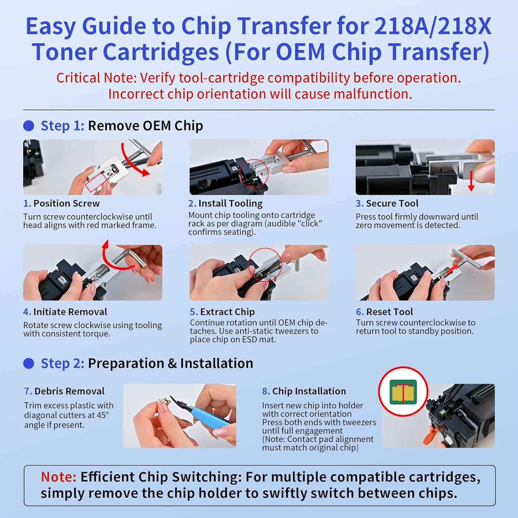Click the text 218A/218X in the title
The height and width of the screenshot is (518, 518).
[x=433, y=27]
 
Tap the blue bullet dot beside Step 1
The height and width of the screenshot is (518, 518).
[x=29, y=126]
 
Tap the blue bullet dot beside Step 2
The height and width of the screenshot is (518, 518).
[x=29, y=363]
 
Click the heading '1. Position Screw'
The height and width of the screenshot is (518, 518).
[x=61, y=203]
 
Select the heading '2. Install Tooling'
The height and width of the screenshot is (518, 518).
[x=225, y=203]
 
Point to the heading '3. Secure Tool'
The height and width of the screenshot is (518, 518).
[x=387, y=203]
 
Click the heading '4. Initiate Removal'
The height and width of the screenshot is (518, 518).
[x=65, y=312]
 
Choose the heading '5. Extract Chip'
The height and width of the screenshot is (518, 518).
[x=222, y=312]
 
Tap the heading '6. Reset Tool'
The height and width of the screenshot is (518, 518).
[x=384, y=312]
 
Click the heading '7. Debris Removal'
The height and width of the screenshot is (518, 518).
[x=65, y=391]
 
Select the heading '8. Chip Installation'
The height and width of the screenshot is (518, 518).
[x=304, y=391]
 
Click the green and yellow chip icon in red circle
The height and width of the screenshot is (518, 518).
[x=403, y=391]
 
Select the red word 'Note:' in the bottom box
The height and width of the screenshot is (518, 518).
[x=58, y=477]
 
